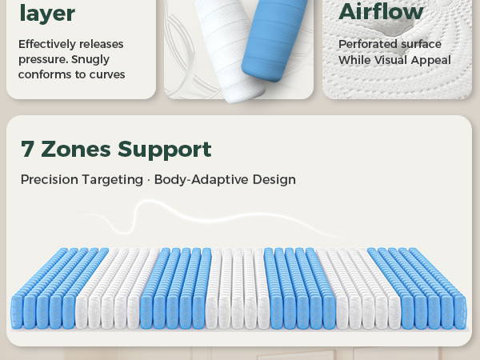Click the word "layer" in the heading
coord(47,14)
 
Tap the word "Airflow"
coord(381,12)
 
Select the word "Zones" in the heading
coord(76,150)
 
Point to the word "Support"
coord(165,150)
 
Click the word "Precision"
coord(50,179)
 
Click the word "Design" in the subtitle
coord(274,180)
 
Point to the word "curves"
coord(107,74)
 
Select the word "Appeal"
coord(431,61)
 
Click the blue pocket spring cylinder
coord(274,39)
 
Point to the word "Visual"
coord(390,60)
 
